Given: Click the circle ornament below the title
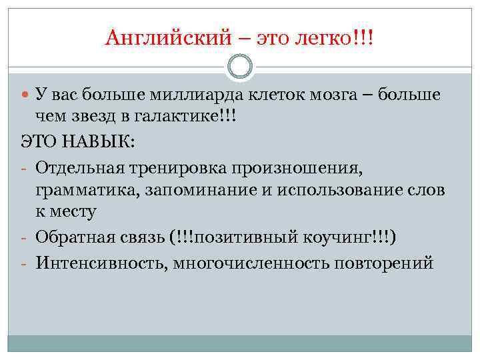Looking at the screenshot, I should [x=240, y=66].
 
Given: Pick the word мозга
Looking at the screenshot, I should [x=337, y=96].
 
